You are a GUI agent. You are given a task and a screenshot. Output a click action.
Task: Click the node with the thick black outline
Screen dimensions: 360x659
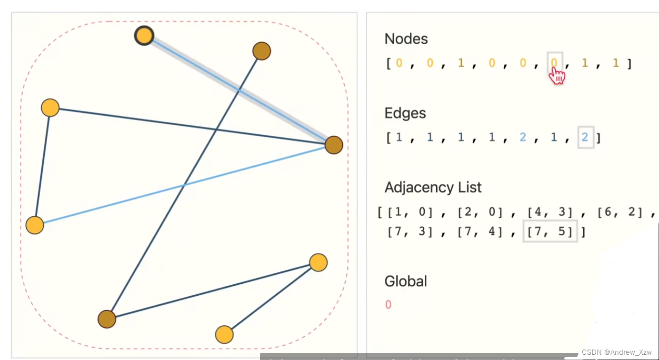point(144,36)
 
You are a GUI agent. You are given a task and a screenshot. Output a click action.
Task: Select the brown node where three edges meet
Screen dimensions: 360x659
point(334,145)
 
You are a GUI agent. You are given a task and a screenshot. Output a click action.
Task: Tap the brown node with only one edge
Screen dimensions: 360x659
point(261,51)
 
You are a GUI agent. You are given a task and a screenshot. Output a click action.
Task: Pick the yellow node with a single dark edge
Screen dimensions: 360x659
point(224,335)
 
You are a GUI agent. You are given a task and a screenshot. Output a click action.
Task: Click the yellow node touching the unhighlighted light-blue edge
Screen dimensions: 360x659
point(35,225)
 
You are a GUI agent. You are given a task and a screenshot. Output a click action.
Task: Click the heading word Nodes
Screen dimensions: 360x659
point(406,39)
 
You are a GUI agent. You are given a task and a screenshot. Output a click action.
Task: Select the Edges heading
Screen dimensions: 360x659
point(405,113)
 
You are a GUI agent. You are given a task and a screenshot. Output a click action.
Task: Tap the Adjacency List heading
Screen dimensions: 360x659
point(433,187)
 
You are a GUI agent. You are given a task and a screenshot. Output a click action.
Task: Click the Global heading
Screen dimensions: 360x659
point(406,281)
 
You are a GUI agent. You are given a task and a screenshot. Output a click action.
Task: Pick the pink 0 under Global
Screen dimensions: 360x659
point(388,305)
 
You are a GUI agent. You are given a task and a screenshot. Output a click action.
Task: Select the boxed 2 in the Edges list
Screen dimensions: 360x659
point(585,138)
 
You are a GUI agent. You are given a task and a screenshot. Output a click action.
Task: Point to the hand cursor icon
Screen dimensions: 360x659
point(557,75)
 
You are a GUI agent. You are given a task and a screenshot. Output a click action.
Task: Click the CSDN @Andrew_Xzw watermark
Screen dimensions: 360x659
point(616,352)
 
